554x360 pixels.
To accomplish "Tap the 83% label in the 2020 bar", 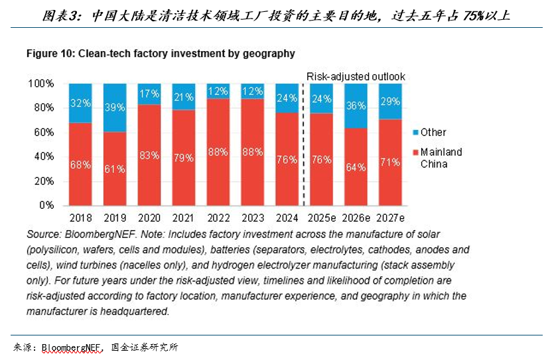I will click(149, 156).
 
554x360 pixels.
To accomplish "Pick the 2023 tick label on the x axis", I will click(252, 217).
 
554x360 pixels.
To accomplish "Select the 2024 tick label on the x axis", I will click(287, 217).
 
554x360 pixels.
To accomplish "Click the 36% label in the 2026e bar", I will click(356, 106).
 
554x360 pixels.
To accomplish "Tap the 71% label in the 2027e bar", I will click(391, 162).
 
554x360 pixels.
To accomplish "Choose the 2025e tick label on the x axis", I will click(322, 217).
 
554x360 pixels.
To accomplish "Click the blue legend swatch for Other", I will click(415, 133).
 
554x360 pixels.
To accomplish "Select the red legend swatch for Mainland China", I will click(415, 152).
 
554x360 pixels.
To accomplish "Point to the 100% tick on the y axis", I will click(41, 84).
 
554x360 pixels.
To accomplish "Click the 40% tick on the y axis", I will click(44, 156).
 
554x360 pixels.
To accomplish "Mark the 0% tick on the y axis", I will click(46, 205).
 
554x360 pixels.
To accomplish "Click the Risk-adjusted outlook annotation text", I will click(356, 77).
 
